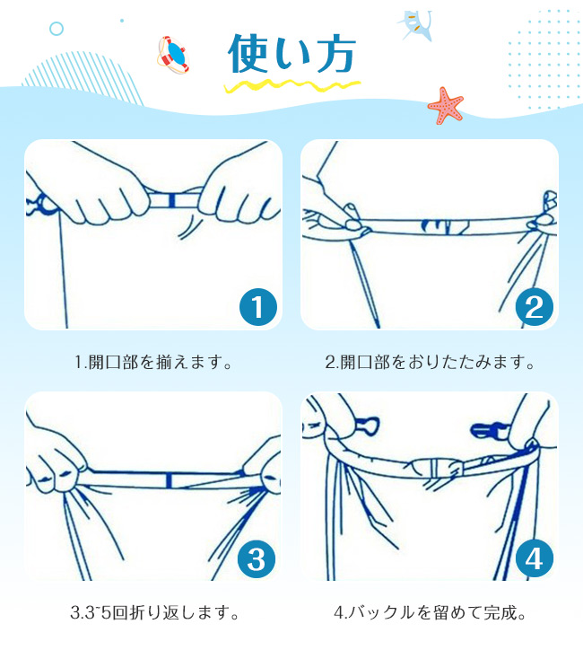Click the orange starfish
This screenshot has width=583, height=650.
click(445, 105)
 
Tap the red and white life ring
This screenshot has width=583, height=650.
click(173, 56)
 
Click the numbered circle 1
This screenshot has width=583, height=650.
click(258, 307)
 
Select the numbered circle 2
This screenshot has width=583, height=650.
click(535, 307)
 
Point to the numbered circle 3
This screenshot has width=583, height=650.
click(257, 558)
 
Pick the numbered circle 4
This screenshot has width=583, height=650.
click(535, 558)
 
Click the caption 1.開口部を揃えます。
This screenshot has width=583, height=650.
click(153, 362)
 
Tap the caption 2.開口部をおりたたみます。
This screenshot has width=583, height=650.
click(430, 362)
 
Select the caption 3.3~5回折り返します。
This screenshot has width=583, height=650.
click(155, 612)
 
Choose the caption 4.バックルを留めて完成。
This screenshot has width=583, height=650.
click(430, 612)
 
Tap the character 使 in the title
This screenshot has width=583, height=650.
click(248, 54)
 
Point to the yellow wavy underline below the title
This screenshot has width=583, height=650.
click(291, 86)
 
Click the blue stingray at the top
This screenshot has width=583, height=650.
click(416, 25)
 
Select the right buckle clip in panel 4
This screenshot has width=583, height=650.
click(490, 430)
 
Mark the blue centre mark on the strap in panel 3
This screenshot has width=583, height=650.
click(169, 480)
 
